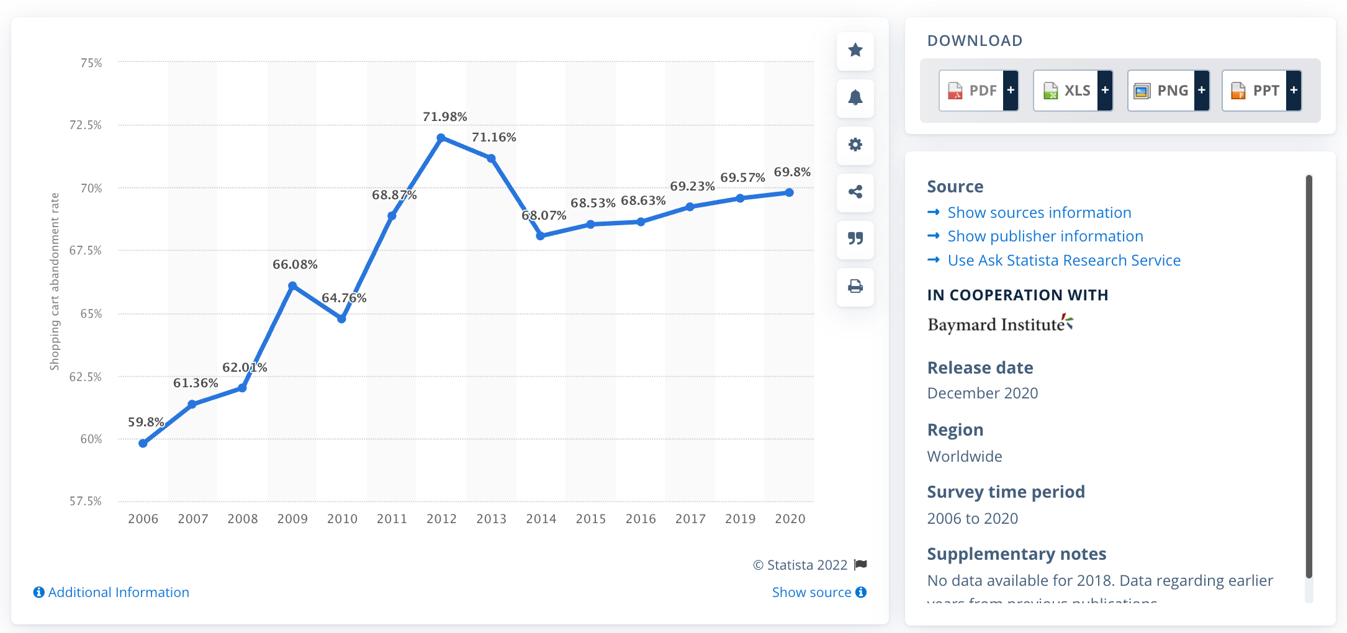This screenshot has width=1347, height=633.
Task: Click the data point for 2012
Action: (441, 138)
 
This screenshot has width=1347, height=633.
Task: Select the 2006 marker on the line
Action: (143, 443)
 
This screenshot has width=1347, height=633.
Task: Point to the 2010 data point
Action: (341, 318)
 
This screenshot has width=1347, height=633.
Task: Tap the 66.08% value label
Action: (295, 264)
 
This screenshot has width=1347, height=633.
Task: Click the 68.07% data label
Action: (544, 215)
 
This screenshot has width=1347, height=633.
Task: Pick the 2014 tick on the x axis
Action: (541, 519)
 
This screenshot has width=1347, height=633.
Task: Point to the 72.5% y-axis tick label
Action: (86, 125)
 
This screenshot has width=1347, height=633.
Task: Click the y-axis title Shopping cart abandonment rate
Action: (55, 281)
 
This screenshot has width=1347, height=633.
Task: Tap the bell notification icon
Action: (855, 98)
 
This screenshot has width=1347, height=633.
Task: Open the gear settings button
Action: (855, 145)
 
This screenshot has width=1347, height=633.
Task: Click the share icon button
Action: (855, 192)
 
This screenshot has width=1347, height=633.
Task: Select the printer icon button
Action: (855, 287)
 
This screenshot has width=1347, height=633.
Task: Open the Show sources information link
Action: (1038, 213)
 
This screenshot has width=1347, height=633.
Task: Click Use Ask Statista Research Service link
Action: (1063, 261)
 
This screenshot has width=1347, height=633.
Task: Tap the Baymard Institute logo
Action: (999, 324)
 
